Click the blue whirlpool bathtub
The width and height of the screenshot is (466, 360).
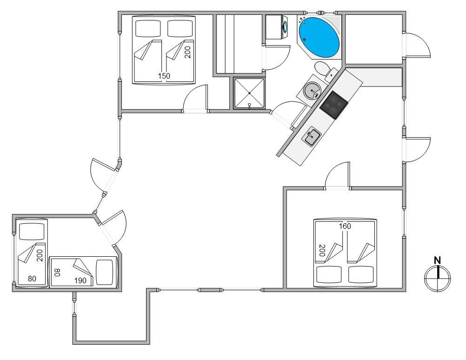(319, 37)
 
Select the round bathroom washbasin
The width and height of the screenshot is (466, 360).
(312, 90)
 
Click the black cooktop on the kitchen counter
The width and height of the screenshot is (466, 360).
(334, 105)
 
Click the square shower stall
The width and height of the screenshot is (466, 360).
(249, 93)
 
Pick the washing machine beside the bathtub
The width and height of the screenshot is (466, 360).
(277, 27)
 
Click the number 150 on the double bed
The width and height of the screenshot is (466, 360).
(164, 76)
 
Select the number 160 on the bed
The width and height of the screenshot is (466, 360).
(345, 226)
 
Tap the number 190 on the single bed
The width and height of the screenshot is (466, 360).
(80, 280)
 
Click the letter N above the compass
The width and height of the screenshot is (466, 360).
(437, 260)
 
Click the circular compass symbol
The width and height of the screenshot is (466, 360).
(437, 278)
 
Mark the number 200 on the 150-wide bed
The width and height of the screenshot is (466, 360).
(187, 52)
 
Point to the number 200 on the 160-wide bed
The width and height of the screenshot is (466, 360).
(322, 250)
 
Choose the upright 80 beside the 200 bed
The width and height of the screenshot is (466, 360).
(32, 279)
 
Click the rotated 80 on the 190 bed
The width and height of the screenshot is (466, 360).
(57, 272)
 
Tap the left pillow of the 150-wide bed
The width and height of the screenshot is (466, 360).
(148, 28)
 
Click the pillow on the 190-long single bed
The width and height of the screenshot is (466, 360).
(105, 272)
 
